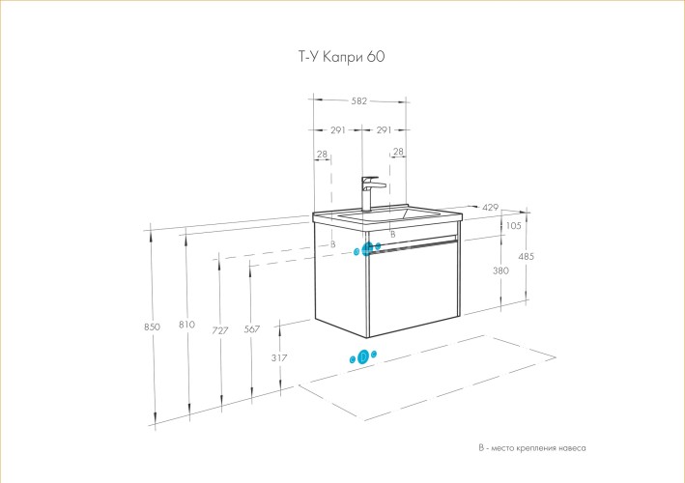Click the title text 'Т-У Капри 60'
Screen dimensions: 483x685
pos(342,57)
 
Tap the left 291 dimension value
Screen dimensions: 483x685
pos(338,130)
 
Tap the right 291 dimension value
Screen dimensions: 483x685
pos(383,130)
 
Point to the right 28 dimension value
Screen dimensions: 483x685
pos(398,153)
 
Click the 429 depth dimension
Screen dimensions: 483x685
pos(490,208)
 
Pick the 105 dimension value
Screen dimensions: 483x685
pos(513,226)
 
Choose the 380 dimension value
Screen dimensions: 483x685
pos(500,270)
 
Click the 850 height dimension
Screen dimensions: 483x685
pos(151,327)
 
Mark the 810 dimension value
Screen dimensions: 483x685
pos(187,325)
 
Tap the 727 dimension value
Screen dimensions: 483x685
pos(220,330)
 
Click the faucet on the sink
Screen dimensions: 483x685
pos(370,191)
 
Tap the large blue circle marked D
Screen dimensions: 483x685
pos(363,356)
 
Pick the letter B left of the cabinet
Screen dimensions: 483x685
pos(332,244)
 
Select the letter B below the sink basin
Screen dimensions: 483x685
pos(392,235)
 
